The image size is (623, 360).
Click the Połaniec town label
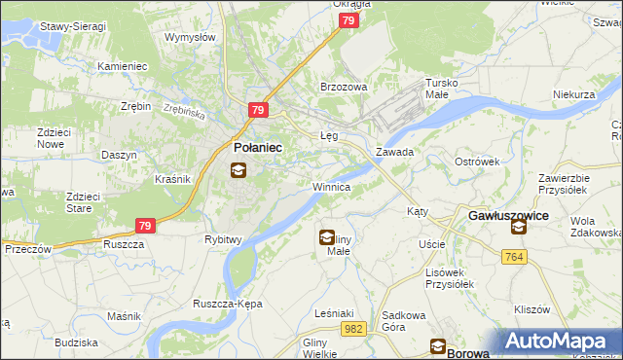coord(258,146)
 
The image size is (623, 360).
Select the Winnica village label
coord(331,185)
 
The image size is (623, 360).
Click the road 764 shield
coord(516,256)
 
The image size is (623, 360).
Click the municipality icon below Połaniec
coord(238,170)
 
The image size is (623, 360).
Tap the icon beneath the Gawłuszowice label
coord(518,227)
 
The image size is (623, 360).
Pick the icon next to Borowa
coord(438,346)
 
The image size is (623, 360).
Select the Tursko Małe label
coord(447,90)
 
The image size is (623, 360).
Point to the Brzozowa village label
coord(344,87)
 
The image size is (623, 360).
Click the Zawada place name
coord(395,153)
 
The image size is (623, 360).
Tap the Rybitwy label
coord(223,238)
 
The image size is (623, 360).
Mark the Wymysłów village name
coord(189,37)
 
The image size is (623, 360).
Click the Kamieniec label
coord(122,66)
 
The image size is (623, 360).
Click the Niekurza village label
coord(573,95)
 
